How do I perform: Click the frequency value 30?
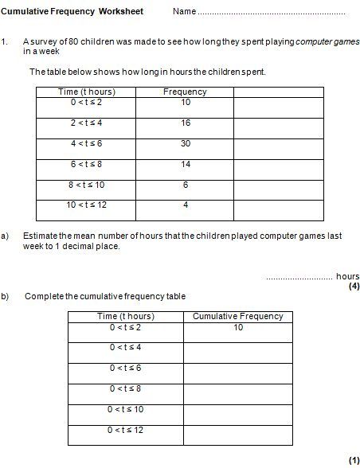click(185, 143)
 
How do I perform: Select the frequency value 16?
click(185, 123)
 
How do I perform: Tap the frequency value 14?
click(185, 164)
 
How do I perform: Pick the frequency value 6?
click(185, 185)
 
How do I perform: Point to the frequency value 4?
click(185, 205)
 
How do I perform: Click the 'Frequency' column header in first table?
click(185, 92)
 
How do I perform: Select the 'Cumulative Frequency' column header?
click(238, 316)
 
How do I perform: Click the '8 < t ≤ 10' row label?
click(86, 185)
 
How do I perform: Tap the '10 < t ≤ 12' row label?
click(86, 205)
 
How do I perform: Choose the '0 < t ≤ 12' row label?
click(126, 431)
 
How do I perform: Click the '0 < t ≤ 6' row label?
click(126, 369)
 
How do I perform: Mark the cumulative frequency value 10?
click(238, 327)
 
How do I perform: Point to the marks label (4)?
click(354, 287)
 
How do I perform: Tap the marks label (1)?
click(354, 461)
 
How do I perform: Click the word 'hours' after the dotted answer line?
click(348, 276)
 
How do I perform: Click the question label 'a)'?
click(6, 236)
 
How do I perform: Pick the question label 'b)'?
click(6, 296)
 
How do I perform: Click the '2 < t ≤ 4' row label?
click(86, 123)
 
